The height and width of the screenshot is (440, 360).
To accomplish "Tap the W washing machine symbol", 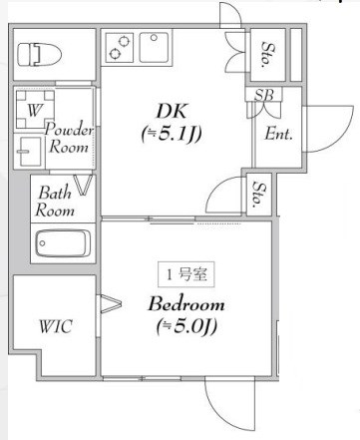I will pos(34,111).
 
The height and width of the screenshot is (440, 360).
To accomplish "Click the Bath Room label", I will pos(54,201).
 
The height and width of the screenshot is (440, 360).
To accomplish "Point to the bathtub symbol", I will pos(63,243).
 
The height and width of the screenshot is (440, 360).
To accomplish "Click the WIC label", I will pos(54,326).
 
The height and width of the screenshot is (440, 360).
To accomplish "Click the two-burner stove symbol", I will pos(120,48).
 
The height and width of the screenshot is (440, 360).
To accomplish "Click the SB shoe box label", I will pos(264,96).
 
